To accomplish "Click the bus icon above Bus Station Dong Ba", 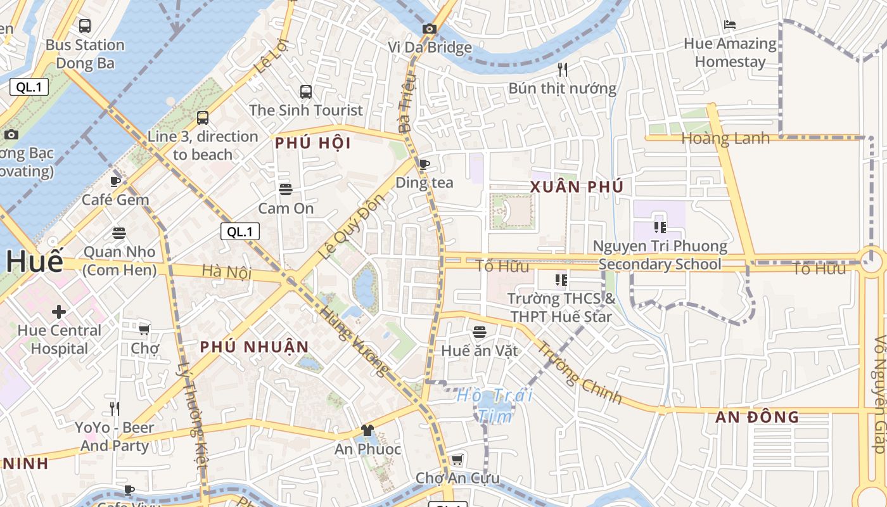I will coord(84,26).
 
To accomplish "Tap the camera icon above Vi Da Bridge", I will coord(430,29).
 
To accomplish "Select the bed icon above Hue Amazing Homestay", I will coord(730,25).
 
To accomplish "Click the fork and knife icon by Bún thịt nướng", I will coord(562,69).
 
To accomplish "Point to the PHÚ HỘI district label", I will coord(313,144).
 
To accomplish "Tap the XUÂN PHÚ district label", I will coord(577,187).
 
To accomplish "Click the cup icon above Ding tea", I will coord(424,164).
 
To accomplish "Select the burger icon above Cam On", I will coord(285,189).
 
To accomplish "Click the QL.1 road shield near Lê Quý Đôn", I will coord(239,232).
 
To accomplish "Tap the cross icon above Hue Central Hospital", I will coord(59,312).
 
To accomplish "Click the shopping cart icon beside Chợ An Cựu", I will coord(457,459).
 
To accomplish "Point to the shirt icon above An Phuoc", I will coord(367,431).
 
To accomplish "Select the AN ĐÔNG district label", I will coord(757,417).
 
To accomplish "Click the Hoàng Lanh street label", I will coord(725,138).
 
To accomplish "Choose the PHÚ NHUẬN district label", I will coord(255,347).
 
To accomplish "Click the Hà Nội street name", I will coord(226,273).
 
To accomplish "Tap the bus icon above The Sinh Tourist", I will coord(306,92).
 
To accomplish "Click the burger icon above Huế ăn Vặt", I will coord(480,332).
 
